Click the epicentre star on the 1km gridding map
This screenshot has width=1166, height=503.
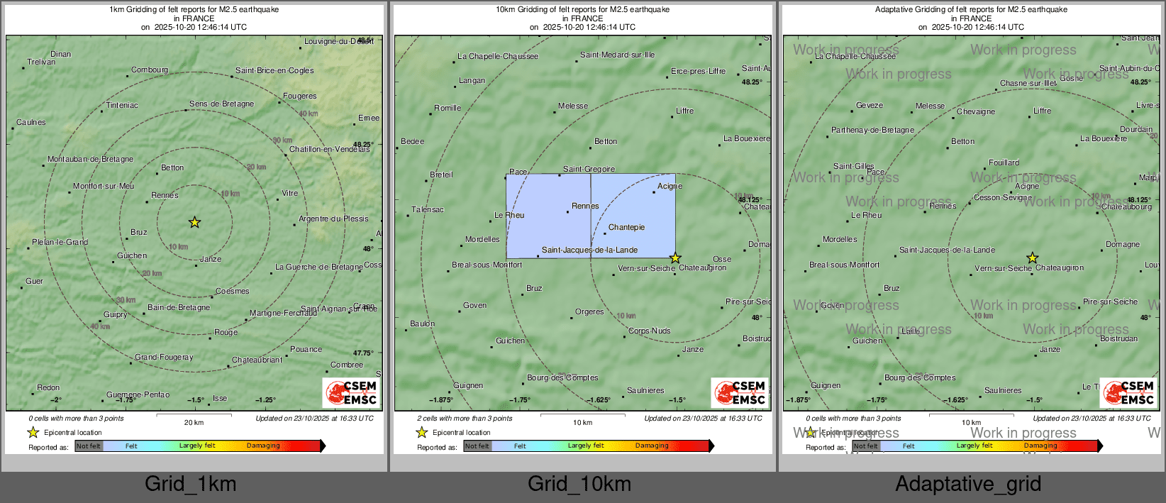(194, 222)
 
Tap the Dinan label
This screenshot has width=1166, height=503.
(60, 54)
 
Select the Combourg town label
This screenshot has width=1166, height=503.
(150, 70)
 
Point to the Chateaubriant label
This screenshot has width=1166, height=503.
(257, 360)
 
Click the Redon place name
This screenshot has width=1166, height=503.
(48, 387)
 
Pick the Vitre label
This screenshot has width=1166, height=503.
(290, 193)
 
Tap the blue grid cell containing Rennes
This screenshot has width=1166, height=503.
(548, 216)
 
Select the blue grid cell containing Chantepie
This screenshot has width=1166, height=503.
(633, 216)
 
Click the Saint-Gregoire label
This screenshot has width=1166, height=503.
(589, 169)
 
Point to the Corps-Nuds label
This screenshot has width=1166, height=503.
(649, 331)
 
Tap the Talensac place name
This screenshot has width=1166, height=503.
(428, 209)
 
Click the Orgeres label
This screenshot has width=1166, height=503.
(589, 311)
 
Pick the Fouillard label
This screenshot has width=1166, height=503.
(1004, 162)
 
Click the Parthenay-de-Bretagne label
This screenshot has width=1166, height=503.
(872, 130)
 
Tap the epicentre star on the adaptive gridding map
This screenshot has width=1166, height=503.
(1033, 258)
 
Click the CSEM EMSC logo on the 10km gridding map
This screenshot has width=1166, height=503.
(740, 392)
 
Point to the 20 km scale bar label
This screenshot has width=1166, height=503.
(194, 422)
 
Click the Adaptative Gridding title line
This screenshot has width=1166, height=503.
(971, 9)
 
